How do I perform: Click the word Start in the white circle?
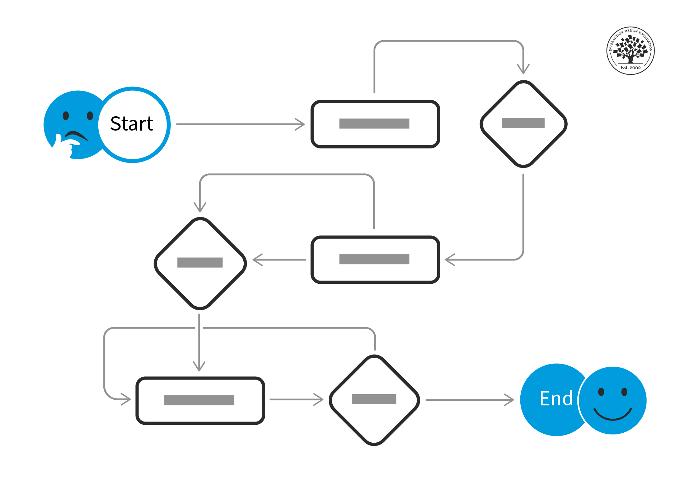132,124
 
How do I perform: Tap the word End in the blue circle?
556,399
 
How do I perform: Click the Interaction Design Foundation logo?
631,51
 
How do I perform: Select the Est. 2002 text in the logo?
631,67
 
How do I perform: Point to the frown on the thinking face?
76,135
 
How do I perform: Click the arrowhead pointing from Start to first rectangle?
301,124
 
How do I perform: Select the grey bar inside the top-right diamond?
523,123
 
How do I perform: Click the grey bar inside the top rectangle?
374,123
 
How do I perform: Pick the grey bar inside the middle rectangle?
374,259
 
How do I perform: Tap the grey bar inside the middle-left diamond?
200,262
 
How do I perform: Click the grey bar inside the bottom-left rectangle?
199,400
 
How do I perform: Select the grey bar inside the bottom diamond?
374,399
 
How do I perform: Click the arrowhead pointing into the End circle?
510,400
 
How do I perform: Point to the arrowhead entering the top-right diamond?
523,69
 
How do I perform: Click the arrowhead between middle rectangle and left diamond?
257,260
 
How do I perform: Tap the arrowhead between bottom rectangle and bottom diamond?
319,399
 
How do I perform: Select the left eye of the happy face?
601,392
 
